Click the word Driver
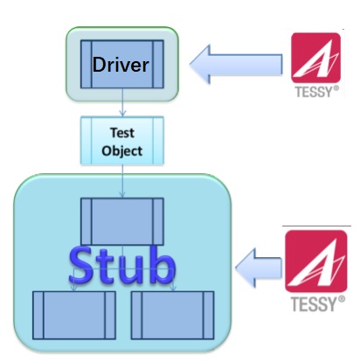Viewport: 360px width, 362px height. pos(121,65)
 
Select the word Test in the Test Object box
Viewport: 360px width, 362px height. pos(122,133)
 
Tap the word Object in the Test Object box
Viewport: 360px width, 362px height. pos(122,151)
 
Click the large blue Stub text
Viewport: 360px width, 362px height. pos(122,266)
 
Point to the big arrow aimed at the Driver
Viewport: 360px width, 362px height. pos(236,65)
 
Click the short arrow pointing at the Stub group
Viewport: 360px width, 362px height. pos(259,268)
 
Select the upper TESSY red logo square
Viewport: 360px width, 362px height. pos(315,58)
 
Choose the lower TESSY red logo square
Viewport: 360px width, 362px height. pos(316,261)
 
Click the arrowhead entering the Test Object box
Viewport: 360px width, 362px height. pos(122,114)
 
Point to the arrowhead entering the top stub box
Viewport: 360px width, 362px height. pos(122,194)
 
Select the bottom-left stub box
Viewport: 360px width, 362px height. pos(74,315)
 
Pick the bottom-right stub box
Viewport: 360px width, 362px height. pos(172,315)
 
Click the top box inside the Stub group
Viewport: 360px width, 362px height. pos(122,221)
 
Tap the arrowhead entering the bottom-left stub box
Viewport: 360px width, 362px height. pos(74,288)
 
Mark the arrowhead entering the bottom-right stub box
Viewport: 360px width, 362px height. pos(173,288)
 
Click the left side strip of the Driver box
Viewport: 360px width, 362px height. pos(87,64)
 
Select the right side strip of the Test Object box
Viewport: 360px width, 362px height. pos(158,141)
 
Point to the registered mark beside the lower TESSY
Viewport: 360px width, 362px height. pos(342,299)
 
